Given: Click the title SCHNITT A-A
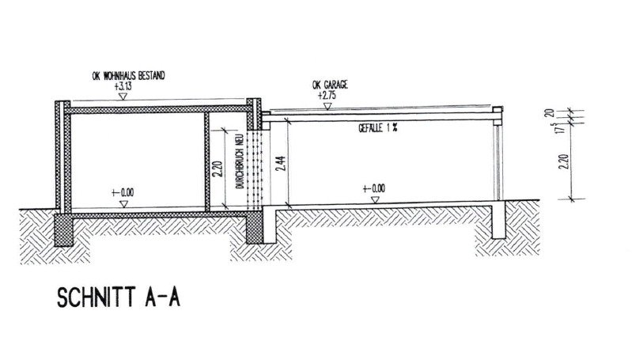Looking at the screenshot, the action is pyautogui.click(x=119, y=297).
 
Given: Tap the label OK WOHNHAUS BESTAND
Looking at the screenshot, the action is pyautogui.click(x=129, y=76).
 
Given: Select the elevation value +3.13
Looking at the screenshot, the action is pyautogui.click(x=123, y=86).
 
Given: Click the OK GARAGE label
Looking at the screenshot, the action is pyautogui.click(x=330, y=85).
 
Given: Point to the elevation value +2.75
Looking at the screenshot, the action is pyautogui.click(x=327, y=96).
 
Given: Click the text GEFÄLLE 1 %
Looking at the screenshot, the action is pyautogui.click(x=378, y=128).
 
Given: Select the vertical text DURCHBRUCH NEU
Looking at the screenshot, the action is pyautogui.click(x=240, y=161).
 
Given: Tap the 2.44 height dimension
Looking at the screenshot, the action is pyautogui.click(x=282, y=163).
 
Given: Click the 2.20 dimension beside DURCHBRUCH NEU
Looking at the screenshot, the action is pyautogui.click(x=218, y=169).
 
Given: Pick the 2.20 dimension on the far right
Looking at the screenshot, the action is pyautogui.click(x=565, y=161).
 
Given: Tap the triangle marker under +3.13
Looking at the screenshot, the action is pyautogui.click(x=123, y=97).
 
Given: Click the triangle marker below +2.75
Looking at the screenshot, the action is pyautogui.click(x=327, y=107).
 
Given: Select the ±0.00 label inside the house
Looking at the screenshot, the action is pyautogui.click(x=123, y=193).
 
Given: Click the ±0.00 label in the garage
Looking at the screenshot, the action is pyautogui.click(x=373, y=188).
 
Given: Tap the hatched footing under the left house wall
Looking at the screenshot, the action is pyautogui.click(x=64, y=229).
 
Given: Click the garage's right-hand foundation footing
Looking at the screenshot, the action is pyautogui.click(x=498, y=221).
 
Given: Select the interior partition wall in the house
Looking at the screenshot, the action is pyautogui.click(x=207, y=161).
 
